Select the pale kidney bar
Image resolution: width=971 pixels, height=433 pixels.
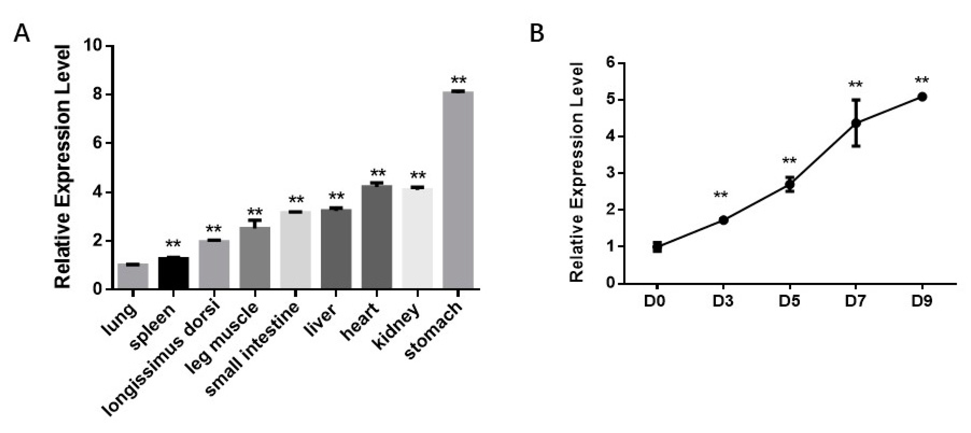click(417, 238)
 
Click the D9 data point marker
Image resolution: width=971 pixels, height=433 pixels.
click(922, 97)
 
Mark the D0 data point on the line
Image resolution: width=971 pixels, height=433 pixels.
click(657, 247)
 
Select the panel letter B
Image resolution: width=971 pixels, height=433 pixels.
click(537, 34)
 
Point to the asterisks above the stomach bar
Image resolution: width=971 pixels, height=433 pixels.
click(458, 80)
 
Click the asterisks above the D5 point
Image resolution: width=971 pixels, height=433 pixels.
click(789, 161)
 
